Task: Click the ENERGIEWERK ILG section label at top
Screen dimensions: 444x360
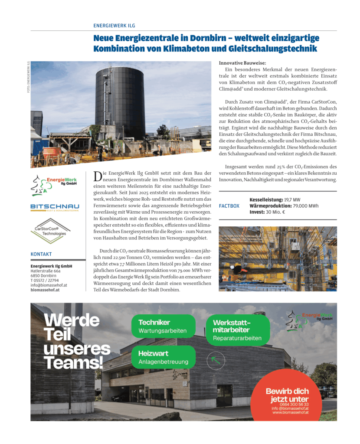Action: (114, 26)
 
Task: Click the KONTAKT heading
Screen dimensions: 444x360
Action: (41, 254)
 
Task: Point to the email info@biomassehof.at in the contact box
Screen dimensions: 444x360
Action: (49, 285)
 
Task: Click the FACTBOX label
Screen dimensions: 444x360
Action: (229, 206)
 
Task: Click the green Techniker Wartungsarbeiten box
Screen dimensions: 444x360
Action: (163, 326)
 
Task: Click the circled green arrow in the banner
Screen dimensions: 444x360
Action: (216, 359)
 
